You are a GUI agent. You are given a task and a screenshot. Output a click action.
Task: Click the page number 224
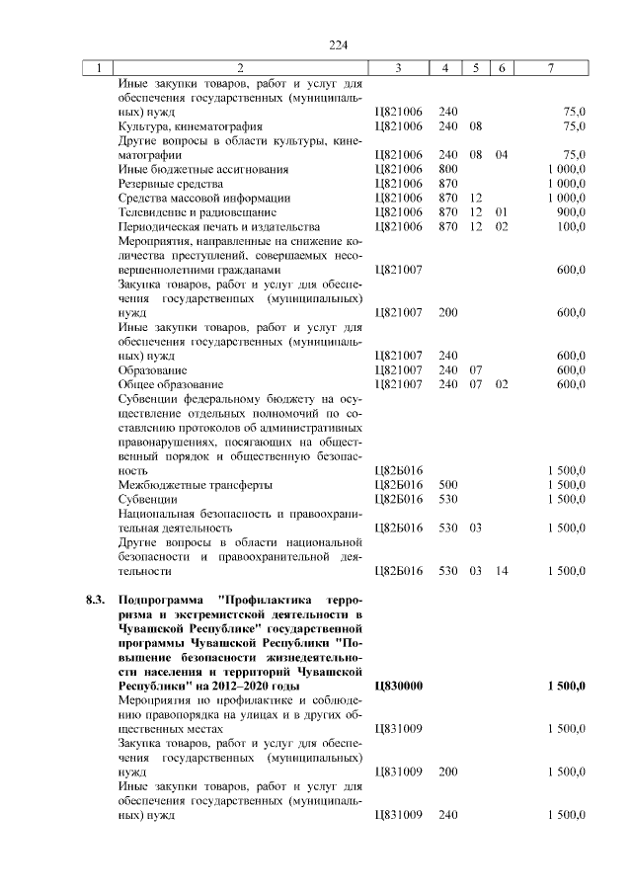click(340, 45)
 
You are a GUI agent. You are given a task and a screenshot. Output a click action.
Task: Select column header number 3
click(398, 68)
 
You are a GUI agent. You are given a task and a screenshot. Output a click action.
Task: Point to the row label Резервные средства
click(170, 184)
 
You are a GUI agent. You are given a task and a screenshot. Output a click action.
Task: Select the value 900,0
click(572, 212)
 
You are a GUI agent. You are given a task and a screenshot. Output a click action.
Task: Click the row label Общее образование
click(170, 383)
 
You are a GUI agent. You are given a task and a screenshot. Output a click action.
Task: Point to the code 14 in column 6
click(502, 571)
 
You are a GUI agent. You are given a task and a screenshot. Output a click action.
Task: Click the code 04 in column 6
click(502, 155)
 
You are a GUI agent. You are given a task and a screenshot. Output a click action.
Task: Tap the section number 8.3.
click(95, 600)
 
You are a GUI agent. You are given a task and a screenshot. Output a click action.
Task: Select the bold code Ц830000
click(399, 686)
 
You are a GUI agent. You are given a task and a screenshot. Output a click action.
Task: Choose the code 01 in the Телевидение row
click(502, 212)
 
